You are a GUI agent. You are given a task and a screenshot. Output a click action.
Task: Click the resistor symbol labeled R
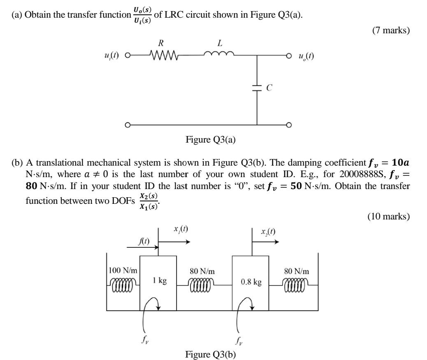tap(163, 55)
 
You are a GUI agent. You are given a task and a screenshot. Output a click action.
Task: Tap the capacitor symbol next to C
tap(257, 88)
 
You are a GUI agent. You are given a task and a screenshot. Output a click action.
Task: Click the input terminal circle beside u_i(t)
tap(128, 55)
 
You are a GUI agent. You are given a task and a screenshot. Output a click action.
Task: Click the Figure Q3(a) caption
tap(211, 140)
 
